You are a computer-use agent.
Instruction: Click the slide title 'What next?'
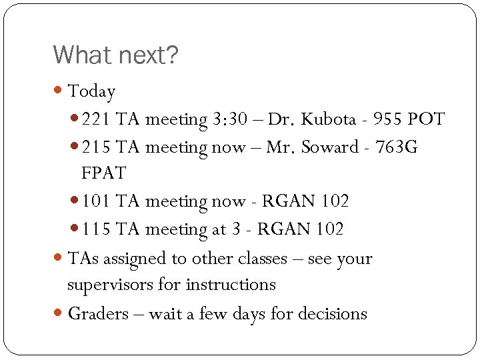point(115,55)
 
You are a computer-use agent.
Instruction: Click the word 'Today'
point(92,91)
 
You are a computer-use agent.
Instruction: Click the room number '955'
point(389,120)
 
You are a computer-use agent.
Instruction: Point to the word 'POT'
point(426,120)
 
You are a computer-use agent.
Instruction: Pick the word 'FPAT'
point(103,174)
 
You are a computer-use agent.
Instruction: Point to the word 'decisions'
point(333,313)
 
